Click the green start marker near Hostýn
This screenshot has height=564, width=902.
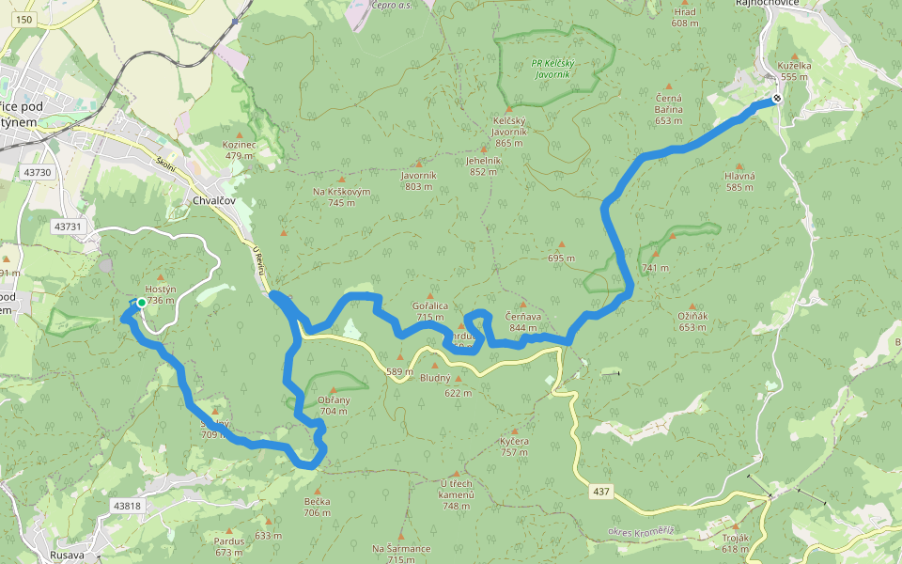click(141, 303)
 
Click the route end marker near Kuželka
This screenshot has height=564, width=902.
click(777, 98)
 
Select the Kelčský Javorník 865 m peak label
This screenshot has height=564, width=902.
click(508, 132)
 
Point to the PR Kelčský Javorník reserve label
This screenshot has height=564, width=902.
click(550, 68)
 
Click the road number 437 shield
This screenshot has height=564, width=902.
click(602, 492)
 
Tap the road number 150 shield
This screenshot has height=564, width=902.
click(24, 20)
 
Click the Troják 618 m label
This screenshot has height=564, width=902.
click(735, 542)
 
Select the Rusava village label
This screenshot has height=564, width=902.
click(68, 555)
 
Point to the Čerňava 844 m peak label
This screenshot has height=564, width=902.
click(523, 321)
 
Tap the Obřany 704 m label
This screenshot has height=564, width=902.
click(334, 405)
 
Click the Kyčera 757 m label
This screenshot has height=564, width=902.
click(514, 446)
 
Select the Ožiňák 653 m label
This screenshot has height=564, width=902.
click(692, 321)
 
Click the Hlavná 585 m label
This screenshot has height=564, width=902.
click(739, 181)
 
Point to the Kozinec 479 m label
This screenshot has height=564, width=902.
click(239, 150)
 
